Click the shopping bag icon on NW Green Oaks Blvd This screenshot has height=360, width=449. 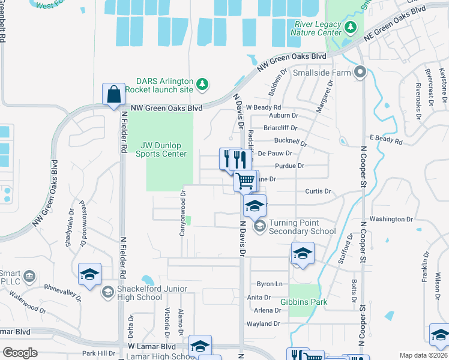(113, 94)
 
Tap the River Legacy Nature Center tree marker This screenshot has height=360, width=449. (351, 27)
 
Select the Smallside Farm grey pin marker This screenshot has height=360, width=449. (360, 73)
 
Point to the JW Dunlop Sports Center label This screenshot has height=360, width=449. (164, 149)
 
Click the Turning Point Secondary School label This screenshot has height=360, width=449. (302, 227)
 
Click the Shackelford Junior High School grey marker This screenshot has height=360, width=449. (107, 292)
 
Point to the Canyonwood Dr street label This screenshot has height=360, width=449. (182, 213)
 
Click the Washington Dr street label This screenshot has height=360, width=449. (391, 219)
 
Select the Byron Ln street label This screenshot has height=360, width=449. (269, 284)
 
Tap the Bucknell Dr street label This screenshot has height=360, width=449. (290, 142)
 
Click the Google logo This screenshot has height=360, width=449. (20, 353)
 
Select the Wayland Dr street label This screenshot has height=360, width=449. (263, 323)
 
